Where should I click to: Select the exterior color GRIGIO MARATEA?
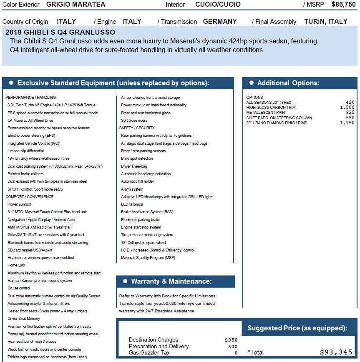pyautogui.click(x=76, y=5)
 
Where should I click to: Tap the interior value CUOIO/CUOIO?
pyautogui.click(x=218, y=5)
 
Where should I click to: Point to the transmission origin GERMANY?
pyautogui.click(x=220, y=22)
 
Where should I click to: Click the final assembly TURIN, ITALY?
pyautogui.click(x=325, y=22)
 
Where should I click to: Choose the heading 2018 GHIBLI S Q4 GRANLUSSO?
pyautogui.click(x=60, y=32)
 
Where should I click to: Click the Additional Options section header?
pyautogui.click(x=288, y=83)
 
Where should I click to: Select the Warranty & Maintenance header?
pyautogui.click(x=171, y=282)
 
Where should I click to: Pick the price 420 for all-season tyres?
pyautogui.click(x=350, y=102)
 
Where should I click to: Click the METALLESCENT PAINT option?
pyautogui.click(x=267, y=113)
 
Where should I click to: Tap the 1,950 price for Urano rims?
pyautogui.click(x=347, y=123)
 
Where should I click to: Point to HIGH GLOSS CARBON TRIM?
pyautogui.click(x=271, y=108)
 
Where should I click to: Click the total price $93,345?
pyautogui.click(x=336, y=352)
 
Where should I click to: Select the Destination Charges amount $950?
pyautogui.click(x=231, y=340)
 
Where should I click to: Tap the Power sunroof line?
pyautogui.click(x=19, y=204)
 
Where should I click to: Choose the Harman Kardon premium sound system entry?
pyautogui.click(x=40, y=281)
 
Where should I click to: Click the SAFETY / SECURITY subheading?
pyautogui.click(x=137, y=128)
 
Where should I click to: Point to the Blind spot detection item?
pyautogui.click(x=137, y=158)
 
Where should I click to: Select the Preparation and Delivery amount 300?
pyautogui.click(x=233, y=347)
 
